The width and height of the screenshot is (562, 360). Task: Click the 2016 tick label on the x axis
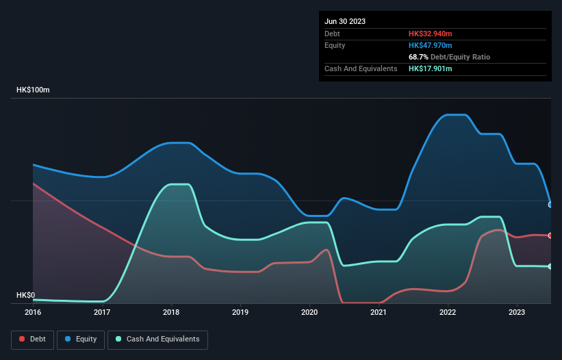pyautogui.click(x=33, y=312)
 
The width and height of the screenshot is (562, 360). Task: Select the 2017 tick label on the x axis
pyautogui.click(x=102, y=312)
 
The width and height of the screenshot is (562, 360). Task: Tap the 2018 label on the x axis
pyautogui.click(x=171, y=312)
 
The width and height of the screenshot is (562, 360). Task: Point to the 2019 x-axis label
pyautogui.click(x=240, y=312)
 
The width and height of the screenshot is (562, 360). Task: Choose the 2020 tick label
pyautogui.click(x=309, y=312)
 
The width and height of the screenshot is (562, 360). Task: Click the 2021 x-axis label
pyautogui.click(x=379, y=312)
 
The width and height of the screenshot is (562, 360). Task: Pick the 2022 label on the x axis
pyautogui.click(x=448, y=312)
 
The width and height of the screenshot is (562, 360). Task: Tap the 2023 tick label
pyautogui.click(x=517, y=312)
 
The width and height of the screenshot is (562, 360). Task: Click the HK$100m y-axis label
pyautogui.click(x=34, y=90)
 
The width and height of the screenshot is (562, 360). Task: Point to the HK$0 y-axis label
pyautogui.click(x=25, y=296)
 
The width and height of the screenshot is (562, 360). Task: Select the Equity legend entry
pyautogui.click(x=81, y=339)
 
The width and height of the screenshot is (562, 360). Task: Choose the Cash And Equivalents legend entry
pyautogui.click(x=157, y=339)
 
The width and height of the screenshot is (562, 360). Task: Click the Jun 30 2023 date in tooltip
pyautogui.click(x=345, y=21)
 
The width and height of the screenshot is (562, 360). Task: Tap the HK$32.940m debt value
pyautogui.click(x=431, y=34)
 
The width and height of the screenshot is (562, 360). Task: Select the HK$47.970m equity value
pyautogui.click(x=431, y=45)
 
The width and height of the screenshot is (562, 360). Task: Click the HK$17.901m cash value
pyautogui.click(x=431, y=68)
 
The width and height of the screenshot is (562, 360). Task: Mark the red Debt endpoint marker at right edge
pyautogui.click(x=550, y=235)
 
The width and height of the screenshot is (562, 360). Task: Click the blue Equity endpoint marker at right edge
pyautogui.click(x=550, y=205)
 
